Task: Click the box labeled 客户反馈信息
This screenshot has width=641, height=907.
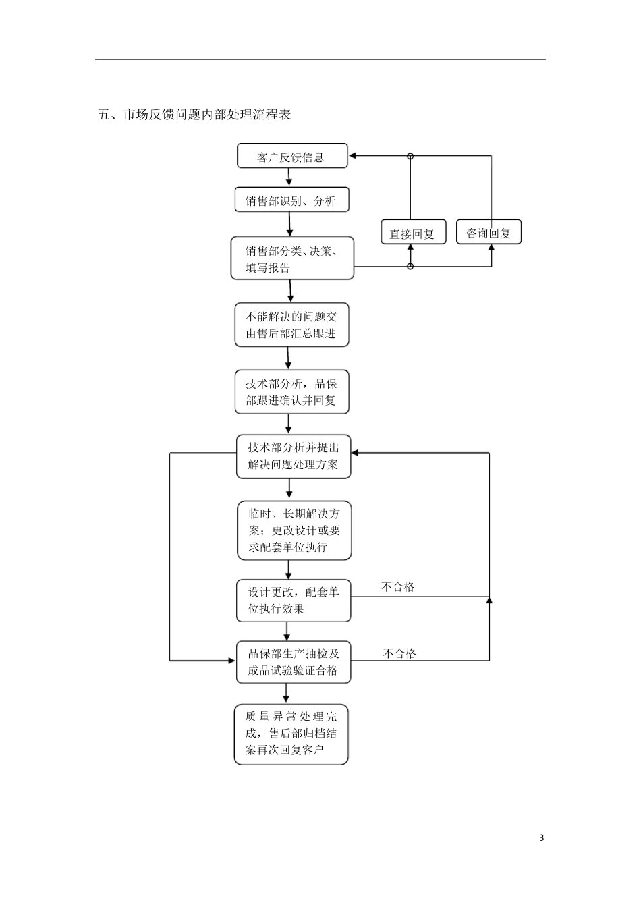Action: pyautogui.click(x=291, y=156)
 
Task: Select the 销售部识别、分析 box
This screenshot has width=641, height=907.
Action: pyautogui.click(x=291, y=200)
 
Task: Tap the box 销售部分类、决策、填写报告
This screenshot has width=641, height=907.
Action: pyautogui.click(x=291, y=258)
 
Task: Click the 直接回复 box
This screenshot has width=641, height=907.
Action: pyautogui.click(x=412, y=233)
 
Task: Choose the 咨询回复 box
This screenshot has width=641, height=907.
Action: pyautogui.click(x=489, y=232)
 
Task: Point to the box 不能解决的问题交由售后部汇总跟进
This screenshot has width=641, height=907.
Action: pyautogui.click(x=291, y=325)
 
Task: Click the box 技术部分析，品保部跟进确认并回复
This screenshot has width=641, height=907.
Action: pyautogui.click(x=291, y=392)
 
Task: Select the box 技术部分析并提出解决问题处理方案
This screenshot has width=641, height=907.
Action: pyautogui.click(x=293, y=456)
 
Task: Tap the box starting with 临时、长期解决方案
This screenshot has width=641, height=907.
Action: pyautogui.click(x=294, y=530)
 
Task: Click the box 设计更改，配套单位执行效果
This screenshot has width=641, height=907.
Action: pyautogui.click(x=293, y=600)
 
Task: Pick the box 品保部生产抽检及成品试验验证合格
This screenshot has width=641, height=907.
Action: pyautogui.click(x=293, y=662)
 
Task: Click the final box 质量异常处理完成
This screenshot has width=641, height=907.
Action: pyautogui.click(x=291, y=734)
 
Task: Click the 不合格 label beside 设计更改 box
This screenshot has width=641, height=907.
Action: pyautogui.click(x=398, y=587)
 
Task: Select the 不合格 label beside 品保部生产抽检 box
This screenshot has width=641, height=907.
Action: pyautogui.click(x=399, y=653)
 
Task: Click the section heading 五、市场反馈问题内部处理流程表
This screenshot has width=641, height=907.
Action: pyautogui.click(x=194, y=115)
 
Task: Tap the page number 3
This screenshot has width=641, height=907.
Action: pyautogui.click(x=541, y=838)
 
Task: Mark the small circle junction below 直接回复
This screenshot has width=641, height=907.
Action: pyautogui.click(x=410, y=267)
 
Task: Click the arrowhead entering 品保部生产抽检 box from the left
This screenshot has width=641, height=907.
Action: pyautogui.click(x=231, y=660)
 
